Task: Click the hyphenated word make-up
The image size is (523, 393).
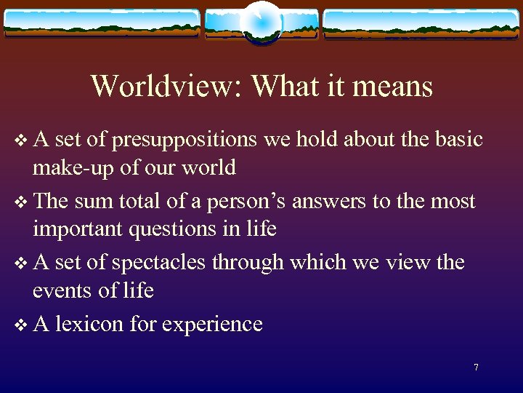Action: click(74, 168)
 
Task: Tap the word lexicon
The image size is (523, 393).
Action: click(90, 323)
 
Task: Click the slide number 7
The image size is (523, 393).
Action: click(476, 368)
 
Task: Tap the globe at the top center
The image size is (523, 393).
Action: click(261, 22)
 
